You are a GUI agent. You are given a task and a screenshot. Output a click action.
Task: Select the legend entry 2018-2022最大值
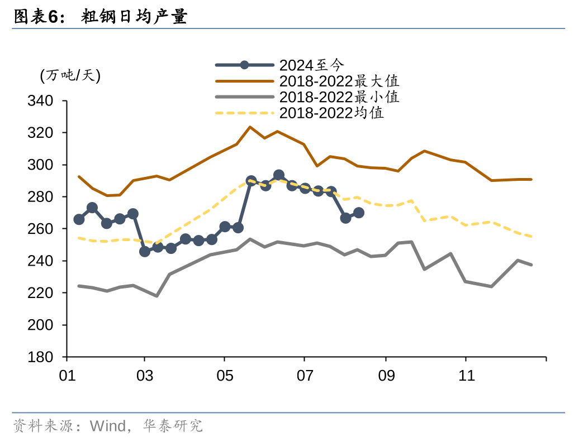tap(339, 80)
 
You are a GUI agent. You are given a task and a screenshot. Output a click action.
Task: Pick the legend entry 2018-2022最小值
tap(339, 97)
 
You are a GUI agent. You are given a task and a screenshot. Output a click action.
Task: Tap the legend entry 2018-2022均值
tap(331, 113)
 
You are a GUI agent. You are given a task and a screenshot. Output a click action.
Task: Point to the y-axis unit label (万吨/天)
tap(70, 75)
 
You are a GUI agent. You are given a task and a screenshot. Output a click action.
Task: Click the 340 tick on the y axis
tap(40, 101)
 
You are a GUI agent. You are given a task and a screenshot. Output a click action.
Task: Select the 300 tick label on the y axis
tap(40, 165)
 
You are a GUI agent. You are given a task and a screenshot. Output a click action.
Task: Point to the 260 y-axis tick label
tap(40, 229)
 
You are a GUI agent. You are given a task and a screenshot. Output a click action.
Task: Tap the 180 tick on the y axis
tap(40, 357)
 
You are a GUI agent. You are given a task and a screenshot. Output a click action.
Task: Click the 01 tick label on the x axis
tap(67, 376)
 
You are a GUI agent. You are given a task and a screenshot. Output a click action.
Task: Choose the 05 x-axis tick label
tap(225, 376)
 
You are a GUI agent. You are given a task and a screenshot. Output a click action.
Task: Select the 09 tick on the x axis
tap(386, 376)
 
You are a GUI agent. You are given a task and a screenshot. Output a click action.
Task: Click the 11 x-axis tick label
tap(466, 376)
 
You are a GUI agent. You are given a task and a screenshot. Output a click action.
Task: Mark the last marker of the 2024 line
tap(359, 213)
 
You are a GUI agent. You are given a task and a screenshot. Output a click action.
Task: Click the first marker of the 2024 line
tap(79, 219)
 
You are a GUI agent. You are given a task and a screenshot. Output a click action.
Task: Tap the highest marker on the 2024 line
tap(279, 175)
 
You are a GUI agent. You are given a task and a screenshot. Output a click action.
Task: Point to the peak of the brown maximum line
tap(250, 127)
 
